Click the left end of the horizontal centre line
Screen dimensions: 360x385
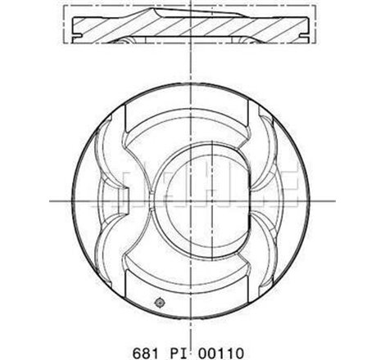(51, 199)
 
